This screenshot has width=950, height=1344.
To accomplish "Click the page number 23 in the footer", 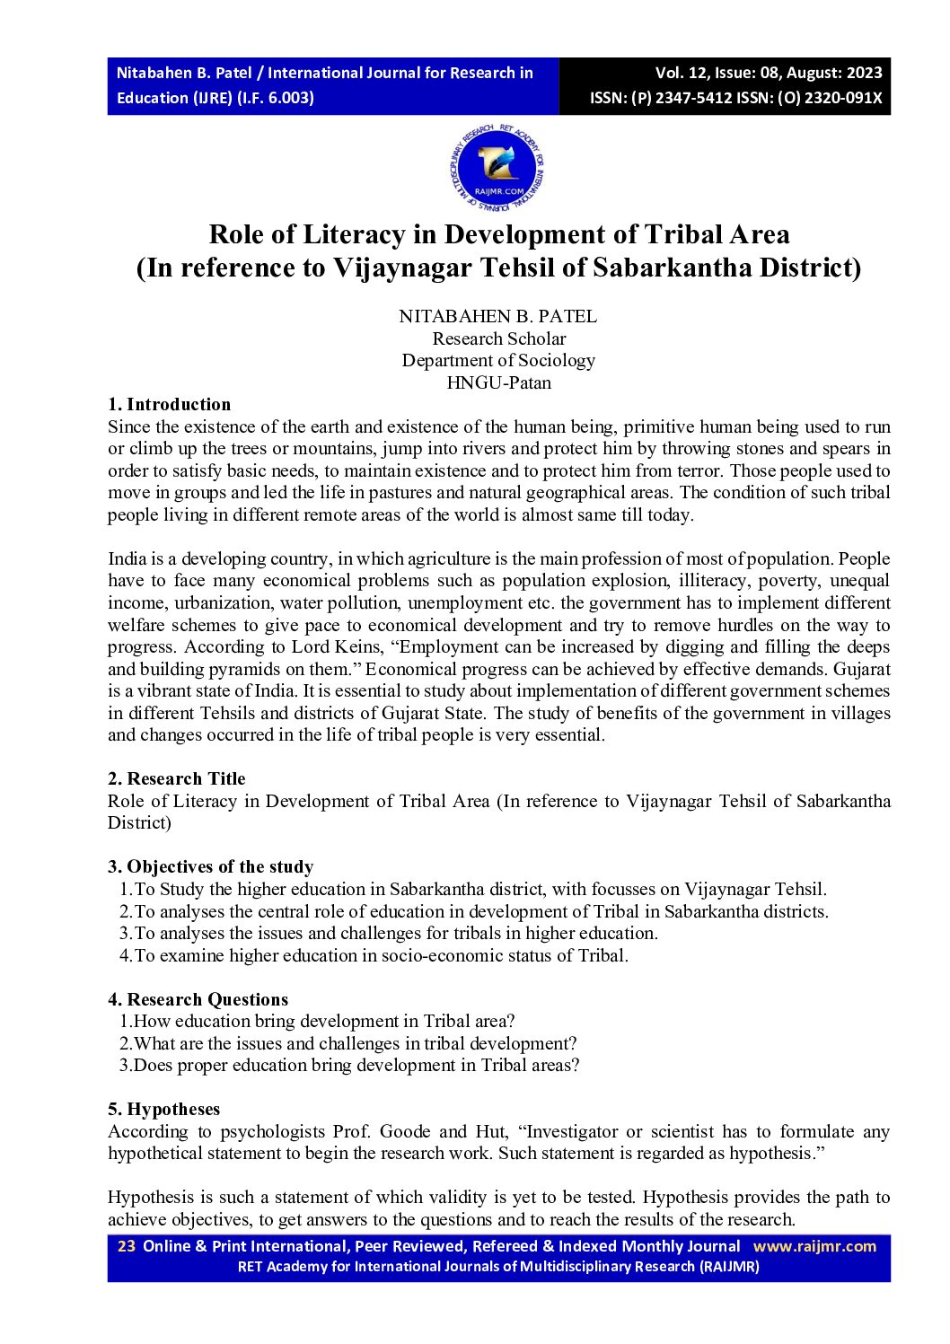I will click(127, 1245).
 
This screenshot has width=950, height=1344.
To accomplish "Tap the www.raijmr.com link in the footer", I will click(814, 1245).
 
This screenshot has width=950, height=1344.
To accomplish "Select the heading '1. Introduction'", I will click(170, 404).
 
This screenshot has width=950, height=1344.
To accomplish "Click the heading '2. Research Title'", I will click(177, 778).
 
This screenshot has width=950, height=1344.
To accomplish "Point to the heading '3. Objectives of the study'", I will click(211, 866).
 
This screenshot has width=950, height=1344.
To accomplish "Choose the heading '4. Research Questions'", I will click(198, 999).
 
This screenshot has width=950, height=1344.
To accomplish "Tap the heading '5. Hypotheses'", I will click(164, 1109).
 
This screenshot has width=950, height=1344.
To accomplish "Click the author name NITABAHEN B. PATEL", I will click(498, 316).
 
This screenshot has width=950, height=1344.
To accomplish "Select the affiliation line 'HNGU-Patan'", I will click(498, 382).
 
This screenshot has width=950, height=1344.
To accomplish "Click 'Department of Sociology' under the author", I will click(498, 360).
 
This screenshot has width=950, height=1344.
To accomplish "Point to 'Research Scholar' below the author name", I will click(498, 338).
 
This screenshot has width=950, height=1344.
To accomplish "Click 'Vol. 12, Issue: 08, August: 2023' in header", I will click(769, 73).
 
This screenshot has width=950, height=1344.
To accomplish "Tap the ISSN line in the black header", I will click(735, 98).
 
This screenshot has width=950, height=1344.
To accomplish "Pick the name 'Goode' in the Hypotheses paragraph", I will click(405, 1131).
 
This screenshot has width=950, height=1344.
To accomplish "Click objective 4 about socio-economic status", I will click(374, 955).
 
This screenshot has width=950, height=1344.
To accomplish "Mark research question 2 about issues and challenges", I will click(348, 1043).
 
